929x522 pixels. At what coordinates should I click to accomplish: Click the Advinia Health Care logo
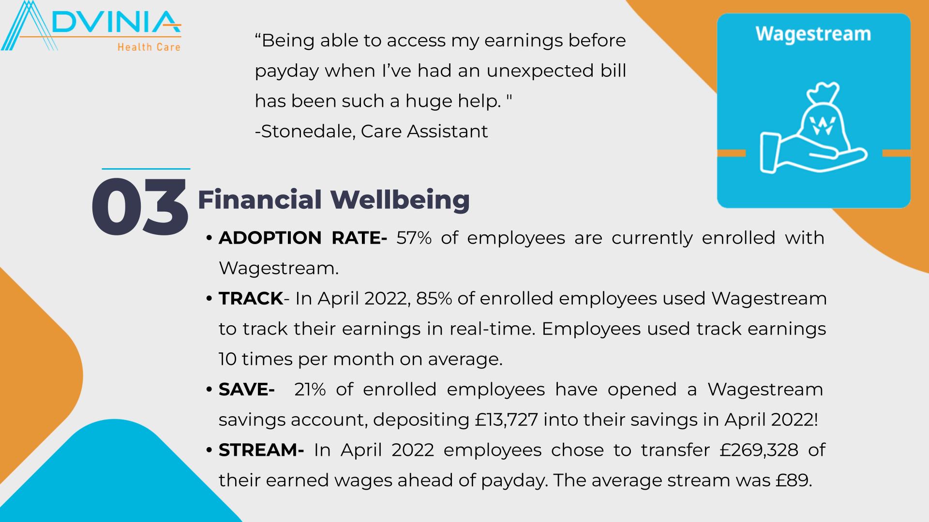91,26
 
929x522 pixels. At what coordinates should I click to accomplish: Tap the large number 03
139,207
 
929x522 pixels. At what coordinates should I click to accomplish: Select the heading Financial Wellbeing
334,200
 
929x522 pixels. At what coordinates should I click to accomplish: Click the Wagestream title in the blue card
813,34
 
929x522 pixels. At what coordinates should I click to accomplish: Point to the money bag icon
821,118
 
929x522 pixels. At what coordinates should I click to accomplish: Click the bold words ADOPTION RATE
303,238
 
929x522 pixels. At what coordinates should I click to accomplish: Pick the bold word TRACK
251,299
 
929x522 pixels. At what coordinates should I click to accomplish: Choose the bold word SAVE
247,390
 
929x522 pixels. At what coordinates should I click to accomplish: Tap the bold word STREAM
261,450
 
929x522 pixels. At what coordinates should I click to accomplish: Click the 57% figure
414,238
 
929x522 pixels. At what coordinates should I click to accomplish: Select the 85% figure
434,299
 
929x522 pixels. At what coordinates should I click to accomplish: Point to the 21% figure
310,390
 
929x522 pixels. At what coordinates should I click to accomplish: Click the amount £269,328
759,450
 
